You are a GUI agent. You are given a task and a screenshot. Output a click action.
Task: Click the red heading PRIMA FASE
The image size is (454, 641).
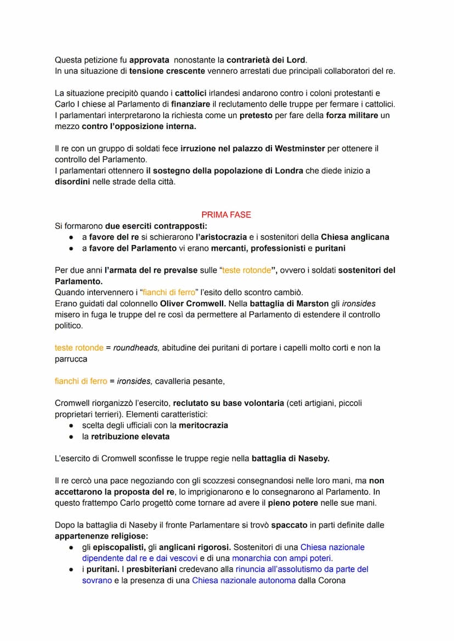[226, 215]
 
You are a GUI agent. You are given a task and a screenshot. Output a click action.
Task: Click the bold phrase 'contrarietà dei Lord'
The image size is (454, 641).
[266, 60]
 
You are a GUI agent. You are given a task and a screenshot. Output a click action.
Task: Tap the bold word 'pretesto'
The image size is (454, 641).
[257, 115]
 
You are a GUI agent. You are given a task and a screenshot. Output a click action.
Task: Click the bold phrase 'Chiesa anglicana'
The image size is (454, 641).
[355, 237]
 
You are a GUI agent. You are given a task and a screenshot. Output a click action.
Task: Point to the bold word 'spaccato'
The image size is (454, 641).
[289, 525]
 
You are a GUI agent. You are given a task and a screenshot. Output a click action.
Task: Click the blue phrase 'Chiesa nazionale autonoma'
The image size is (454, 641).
[243, 580]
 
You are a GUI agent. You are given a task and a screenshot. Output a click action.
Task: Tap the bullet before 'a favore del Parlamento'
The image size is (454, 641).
[71, 248]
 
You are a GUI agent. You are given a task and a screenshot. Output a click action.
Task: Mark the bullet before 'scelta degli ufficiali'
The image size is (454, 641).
[71, 426]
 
